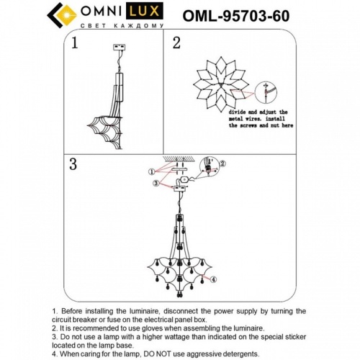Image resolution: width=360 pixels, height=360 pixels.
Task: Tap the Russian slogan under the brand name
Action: pyautogui.click(x=119, y=27)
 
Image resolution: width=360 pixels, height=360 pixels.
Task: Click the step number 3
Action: pyautogui.click(x=73, y=164)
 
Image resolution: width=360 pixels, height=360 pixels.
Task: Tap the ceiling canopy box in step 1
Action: pyautogui.click(x=120, y=48)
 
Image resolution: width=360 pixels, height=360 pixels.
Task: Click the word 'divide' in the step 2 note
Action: pyautogui.click(x=240, y=113)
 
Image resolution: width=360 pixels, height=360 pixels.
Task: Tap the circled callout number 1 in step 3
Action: pyautogui.click(x=150, y=171)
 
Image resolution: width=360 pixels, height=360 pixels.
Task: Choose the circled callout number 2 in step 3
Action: pyautogui.click(x=222, y=163)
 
